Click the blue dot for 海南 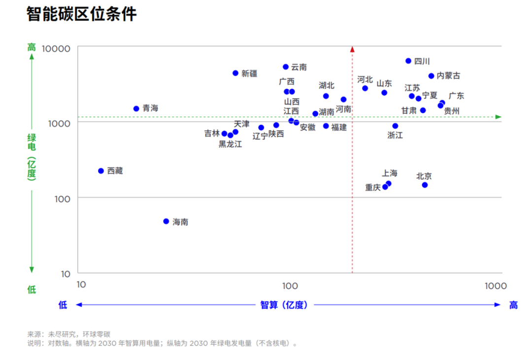coord(166,222)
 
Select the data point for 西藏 coord(101,171)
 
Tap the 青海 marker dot coord(136,108)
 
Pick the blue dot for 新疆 coord(235,73)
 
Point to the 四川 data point coord(408,61)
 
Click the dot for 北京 coord(425,185)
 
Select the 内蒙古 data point coord(431,76)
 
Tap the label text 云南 coord(299,67)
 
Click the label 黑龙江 coord(231,144)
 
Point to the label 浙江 coord(395,135)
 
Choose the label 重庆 coord(373,188)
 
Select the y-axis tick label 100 coord(62,198)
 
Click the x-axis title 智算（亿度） coord(284,305)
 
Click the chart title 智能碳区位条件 coord(81,14)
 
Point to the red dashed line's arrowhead coord(352,49)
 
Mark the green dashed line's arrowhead coord(498,117)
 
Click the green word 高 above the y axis coord(32,47)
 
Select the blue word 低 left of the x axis coord(63,305)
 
